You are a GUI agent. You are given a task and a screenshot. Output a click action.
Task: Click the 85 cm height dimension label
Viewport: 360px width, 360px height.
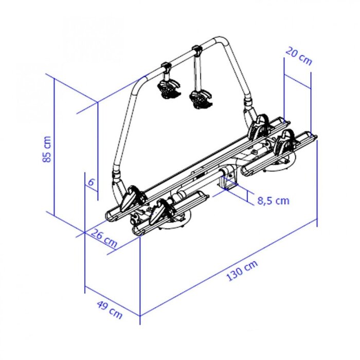(x=47, y=149)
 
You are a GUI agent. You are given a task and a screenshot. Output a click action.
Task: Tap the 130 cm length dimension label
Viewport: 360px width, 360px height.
(x=242, y=271)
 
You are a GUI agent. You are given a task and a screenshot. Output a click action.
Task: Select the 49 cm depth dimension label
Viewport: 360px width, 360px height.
(x=110, y=310)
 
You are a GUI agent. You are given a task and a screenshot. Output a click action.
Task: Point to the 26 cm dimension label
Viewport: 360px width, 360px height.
(x=104, y=238)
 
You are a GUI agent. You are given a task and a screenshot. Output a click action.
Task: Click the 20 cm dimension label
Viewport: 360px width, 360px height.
(x=299, y=56)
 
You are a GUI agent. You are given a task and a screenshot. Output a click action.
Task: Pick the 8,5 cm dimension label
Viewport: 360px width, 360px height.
(x=273, y=201)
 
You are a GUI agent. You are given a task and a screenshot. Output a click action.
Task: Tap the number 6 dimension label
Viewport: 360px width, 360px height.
(x=91, y=182)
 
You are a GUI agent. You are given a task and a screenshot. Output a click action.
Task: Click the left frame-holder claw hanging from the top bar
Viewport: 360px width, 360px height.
(x=169, y=88)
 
